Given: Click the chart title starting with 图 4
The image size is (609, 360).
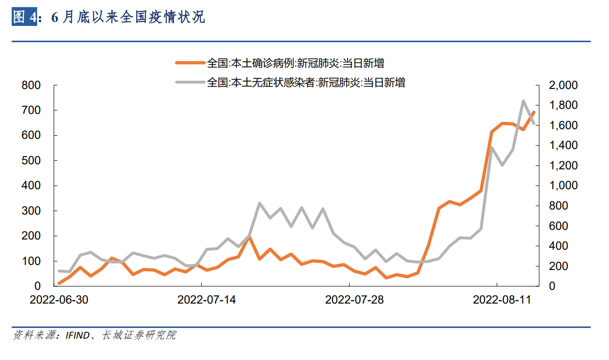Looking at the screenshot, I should pyautogui.click(x=108, y=17).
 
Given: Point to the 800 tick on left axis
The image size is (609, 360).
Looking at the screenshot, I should pyautogui.click(x=31, y=85).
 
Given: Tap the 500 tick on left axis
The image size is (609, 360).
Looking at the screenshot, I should pyautogui.click(x=31, y=161).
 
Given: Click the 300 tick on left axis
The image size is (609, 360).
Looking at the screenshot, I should pyautogui.click(x=31, y=211).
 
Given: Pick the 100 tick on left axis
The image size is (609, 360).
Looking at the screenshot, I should pyautogui.click(x=31, y=261).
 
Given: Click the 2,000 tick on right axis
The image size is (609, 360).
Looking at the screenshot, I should pyautogui.click(x=564, y=85).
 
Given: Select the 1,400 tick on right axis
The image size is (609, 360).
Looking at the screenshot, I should pyautogui.click(x=564, y=146).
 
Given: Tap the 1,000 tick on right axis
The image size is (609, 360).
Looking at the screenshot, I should pyautogui.click(x=564, y=186).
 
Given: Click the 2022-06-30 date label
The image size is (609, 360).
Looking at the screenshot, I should pyautogui.click(x=59, y=300).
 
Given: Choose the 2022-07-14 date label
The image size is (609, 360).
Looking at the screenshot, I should pyautogui.click(x=206, y=300).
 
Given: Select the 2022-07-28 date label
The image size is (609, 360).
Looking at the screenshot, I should pyautogui.click(x=354, y=300).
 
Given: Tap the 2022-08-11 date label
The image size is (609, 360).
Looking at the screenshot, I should pyautogui.click(x=502, y=300).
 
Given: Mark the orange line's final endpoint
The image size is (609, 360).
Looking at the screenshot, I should pyautogui.click(x=533, y=112).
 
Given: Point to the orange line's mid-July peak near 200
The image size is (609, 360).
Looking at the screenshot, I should pyautogui.click(x=250, y=237).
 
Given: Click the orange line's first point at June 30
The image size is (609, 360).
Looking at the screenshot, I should pyautogui.click(x=59, y=283).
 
